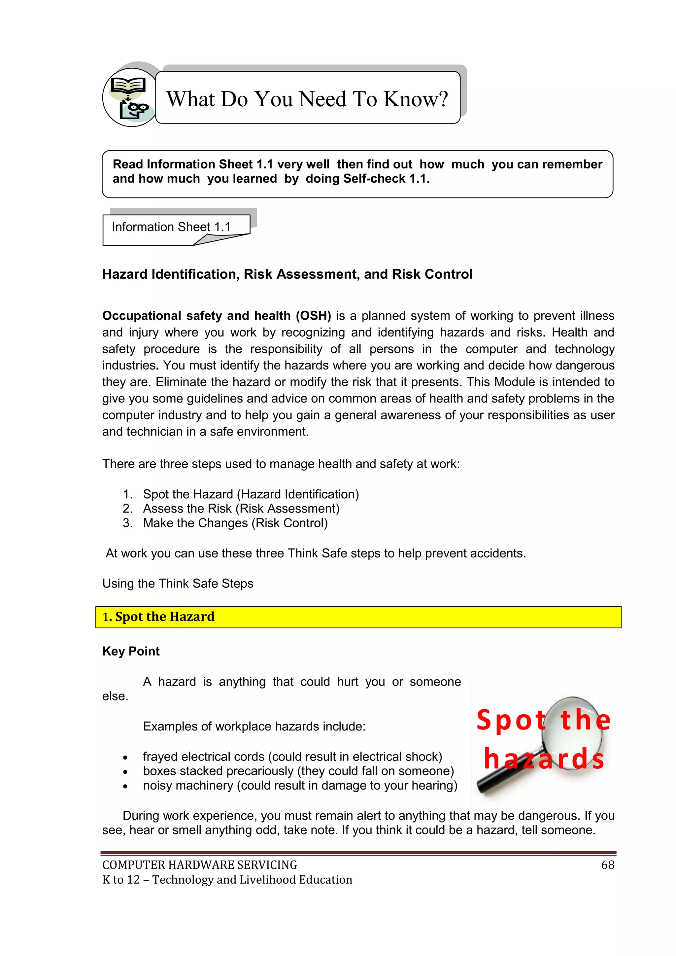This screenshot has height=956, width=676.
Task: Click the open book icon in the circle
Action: (x=128, y=87)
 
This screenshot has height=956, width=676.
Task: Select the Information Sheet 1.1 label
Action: (x=171, y=227)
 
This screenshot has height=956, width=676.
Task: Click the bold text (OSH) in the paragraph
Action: (x=313, y=316)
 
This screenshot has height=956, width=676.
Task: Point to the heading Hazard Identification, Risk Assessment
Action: (x=287, y=274)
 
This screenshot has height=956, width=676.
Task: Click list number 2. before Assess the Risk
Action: (x=127, y=509)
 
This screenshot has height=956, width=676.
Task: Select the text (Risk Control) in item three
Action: (x=290, y=523)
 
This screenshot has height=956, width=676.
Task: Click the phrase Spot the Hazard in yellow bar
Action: (x=164, y=617)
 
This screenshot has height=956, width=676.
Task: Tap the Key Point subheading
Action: (x=131, y=651)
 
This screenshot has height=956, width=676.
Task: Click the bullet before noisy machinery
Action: (x=125, y=786)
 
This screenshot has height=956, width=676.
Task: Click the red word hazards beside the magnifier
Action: (x=544, y=759)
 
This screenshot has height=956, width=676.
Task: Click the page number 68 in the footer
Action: (x=607, y=865)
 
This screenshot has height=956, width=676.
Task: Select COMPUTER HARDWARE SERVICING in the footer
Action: (x=199, y=865)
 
